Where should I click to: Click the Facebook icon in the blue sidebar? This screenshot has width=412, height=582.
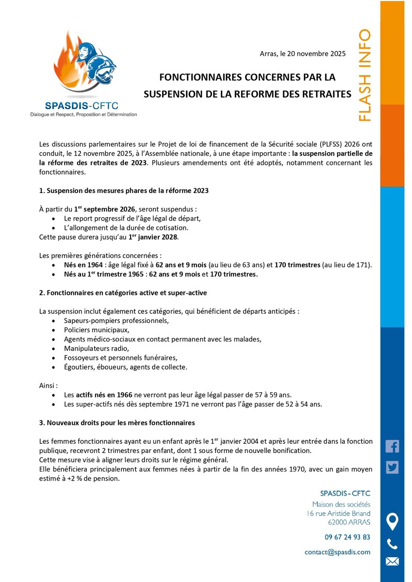[x=392, y=446]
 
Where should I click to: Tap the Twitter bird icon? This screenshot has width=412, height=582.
[x=392, y=468]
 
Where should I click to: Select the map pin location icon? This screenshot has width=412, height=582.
[x=392, y=521]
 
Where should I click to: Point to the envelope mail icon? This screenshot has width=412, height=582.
[x=392, y=562]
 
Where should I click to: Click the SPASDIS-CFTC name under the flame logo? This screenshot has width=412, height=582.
[x=82, y=105]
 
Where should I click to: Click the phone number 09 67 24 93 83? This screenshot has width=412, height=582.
[x=347, y=537]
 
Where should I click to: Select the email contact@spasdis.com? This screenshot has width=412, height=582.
[x=337, y=552]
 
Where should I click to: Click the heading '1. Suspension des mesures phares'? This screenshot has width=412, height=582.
[x=124, y=191]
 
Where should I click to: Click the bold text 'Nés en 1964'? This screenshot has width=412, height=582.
[x=83, y=265]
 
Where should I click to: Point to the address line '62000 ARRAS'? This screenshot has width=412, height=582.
[x=348, y=522]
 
